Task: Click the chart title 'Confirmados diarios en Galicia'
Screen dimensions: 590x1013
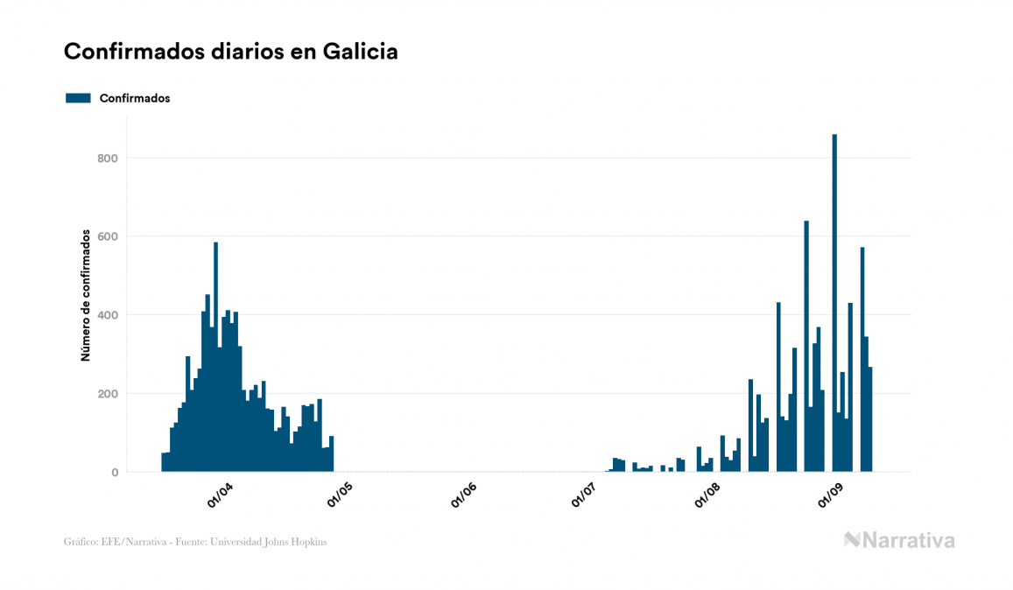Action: (231, 52)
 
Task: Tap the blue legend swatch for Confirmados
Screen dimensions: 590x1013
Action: (78, 98)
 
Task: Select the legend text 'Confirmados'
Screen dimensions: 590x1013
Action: (135, 98)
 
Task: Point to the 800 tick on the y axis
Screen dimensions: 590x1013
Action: (108, 158)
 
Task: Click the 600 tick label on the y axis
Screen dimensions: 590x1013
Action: (108, 236)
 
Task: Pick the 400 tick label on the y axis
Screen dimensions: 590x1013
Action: (108, 315)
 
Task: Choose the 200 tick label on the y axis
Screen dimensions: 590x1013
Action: (108, 394)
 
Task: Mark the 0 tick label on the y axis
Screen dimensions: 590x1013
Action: (114, 473)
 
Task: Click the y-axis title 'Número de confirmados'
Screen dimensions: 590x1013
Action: (86, 296)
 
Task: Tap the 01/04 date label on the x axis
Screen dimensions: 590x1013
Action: (221, 496)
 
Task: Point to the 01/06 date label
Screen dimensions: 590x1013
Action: (464, 496)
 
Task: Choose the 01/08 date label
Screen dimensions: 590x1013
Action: (707, 496)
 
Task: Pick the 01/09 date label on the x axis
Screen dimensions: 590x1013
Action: (829, 496)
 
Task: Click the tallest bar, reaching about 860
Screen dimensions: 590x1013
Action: (834, 306)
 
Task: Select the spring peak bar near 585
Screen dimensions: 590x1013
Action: (215, 359)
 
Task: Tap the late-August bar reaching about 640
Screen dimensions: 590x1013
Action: (806, 350)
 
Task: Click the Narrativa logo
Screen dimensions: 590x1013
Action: (899, 540)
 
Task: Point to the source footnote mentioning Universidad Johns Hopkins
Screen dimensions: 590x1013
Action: (195, 542)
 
